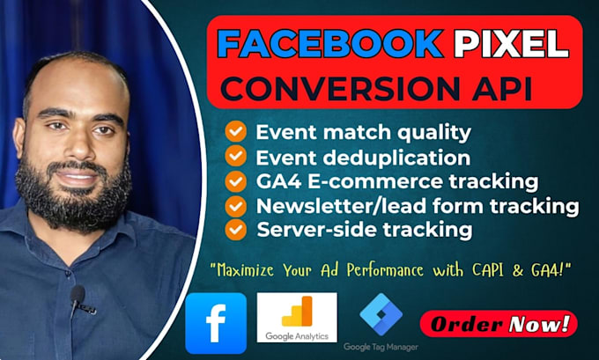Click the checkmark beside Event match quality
235,133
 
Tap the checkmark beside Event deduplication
235,157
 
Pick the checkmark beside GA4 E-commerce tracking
235,181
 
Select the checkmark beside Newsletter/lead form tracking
235,206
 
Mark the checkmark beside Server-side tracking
235,230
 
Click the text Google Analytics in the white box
297,334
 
